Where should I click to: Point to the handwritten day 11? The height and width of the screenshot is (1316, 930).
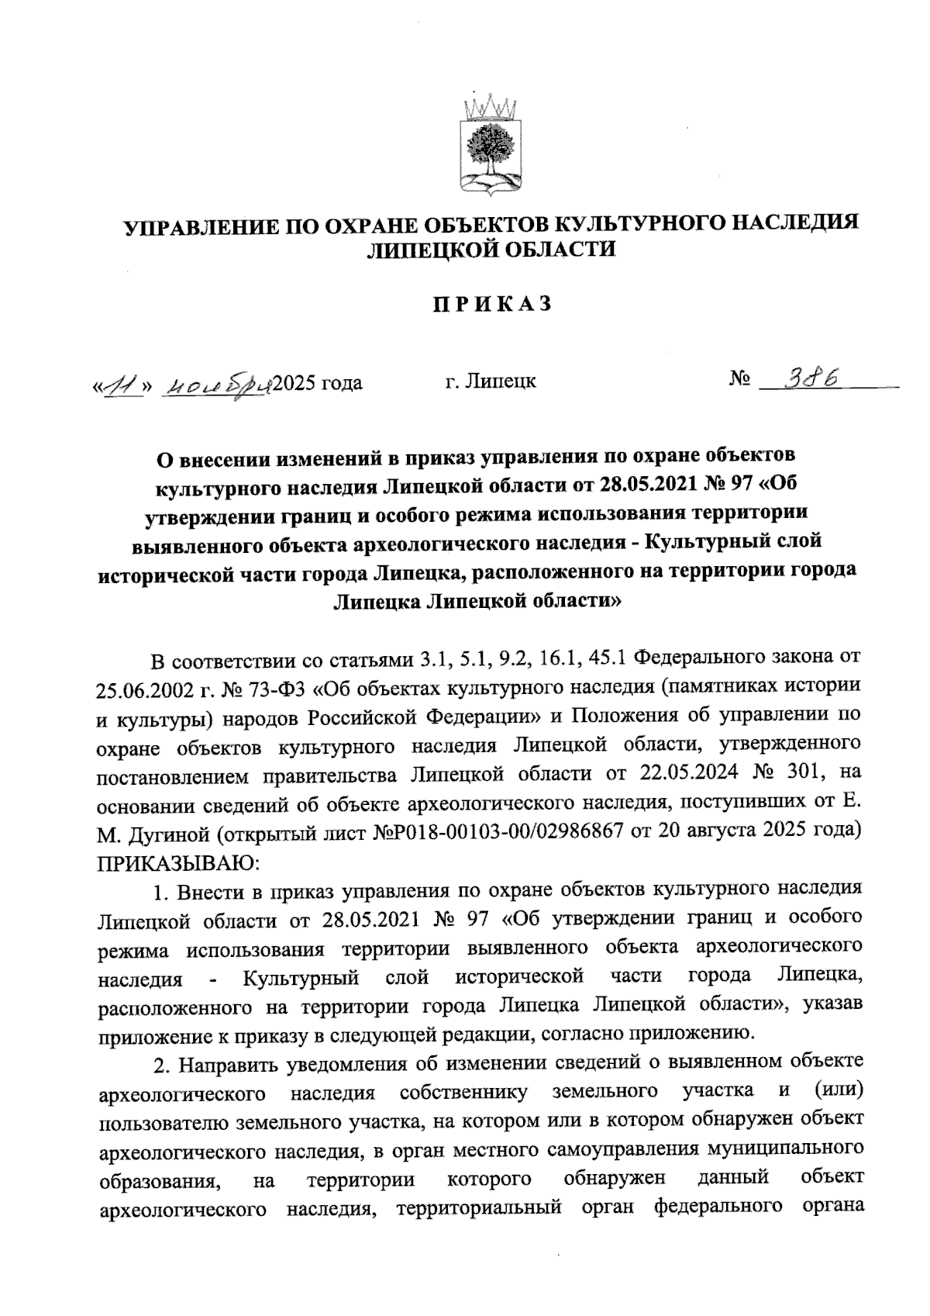pyautogui.click(x=119, y=383)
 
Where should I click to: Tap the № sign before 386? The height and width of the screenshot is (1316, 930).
pyautogui.click(x=739, y=380)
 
